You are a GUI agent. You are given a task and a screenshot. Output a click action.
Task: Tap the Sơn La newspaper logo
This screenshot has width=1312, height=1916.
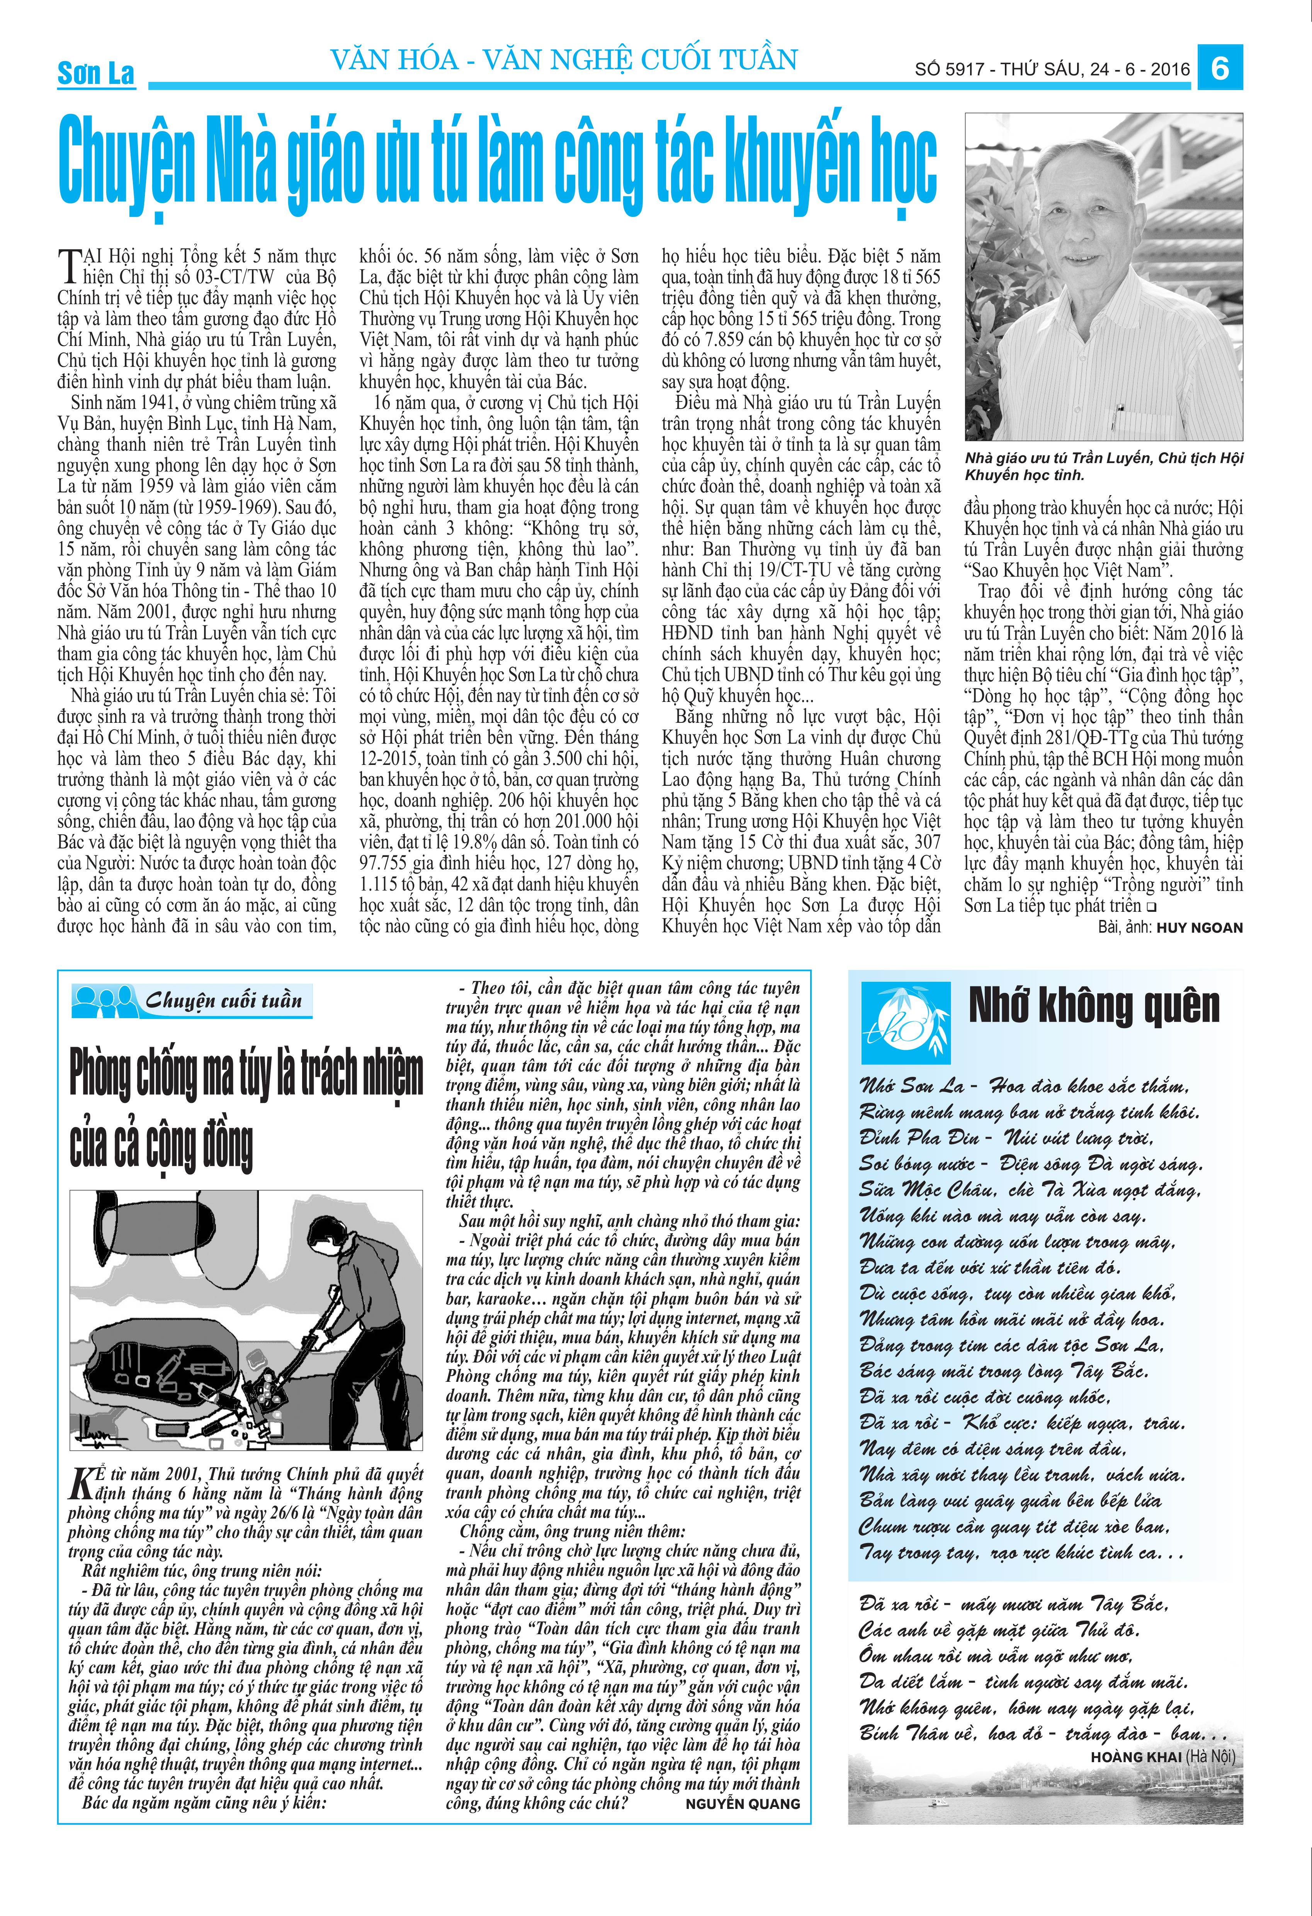tap(95, 73)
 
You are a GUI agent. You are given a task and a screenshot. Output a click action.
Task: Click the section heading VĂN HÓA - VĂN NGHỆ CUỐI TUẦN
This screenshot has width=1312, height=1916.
tap(564, 60)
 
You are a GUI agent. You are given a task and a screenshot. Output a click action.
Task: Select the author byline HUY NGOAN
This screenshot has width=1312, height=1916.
tap(1199, 928)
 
